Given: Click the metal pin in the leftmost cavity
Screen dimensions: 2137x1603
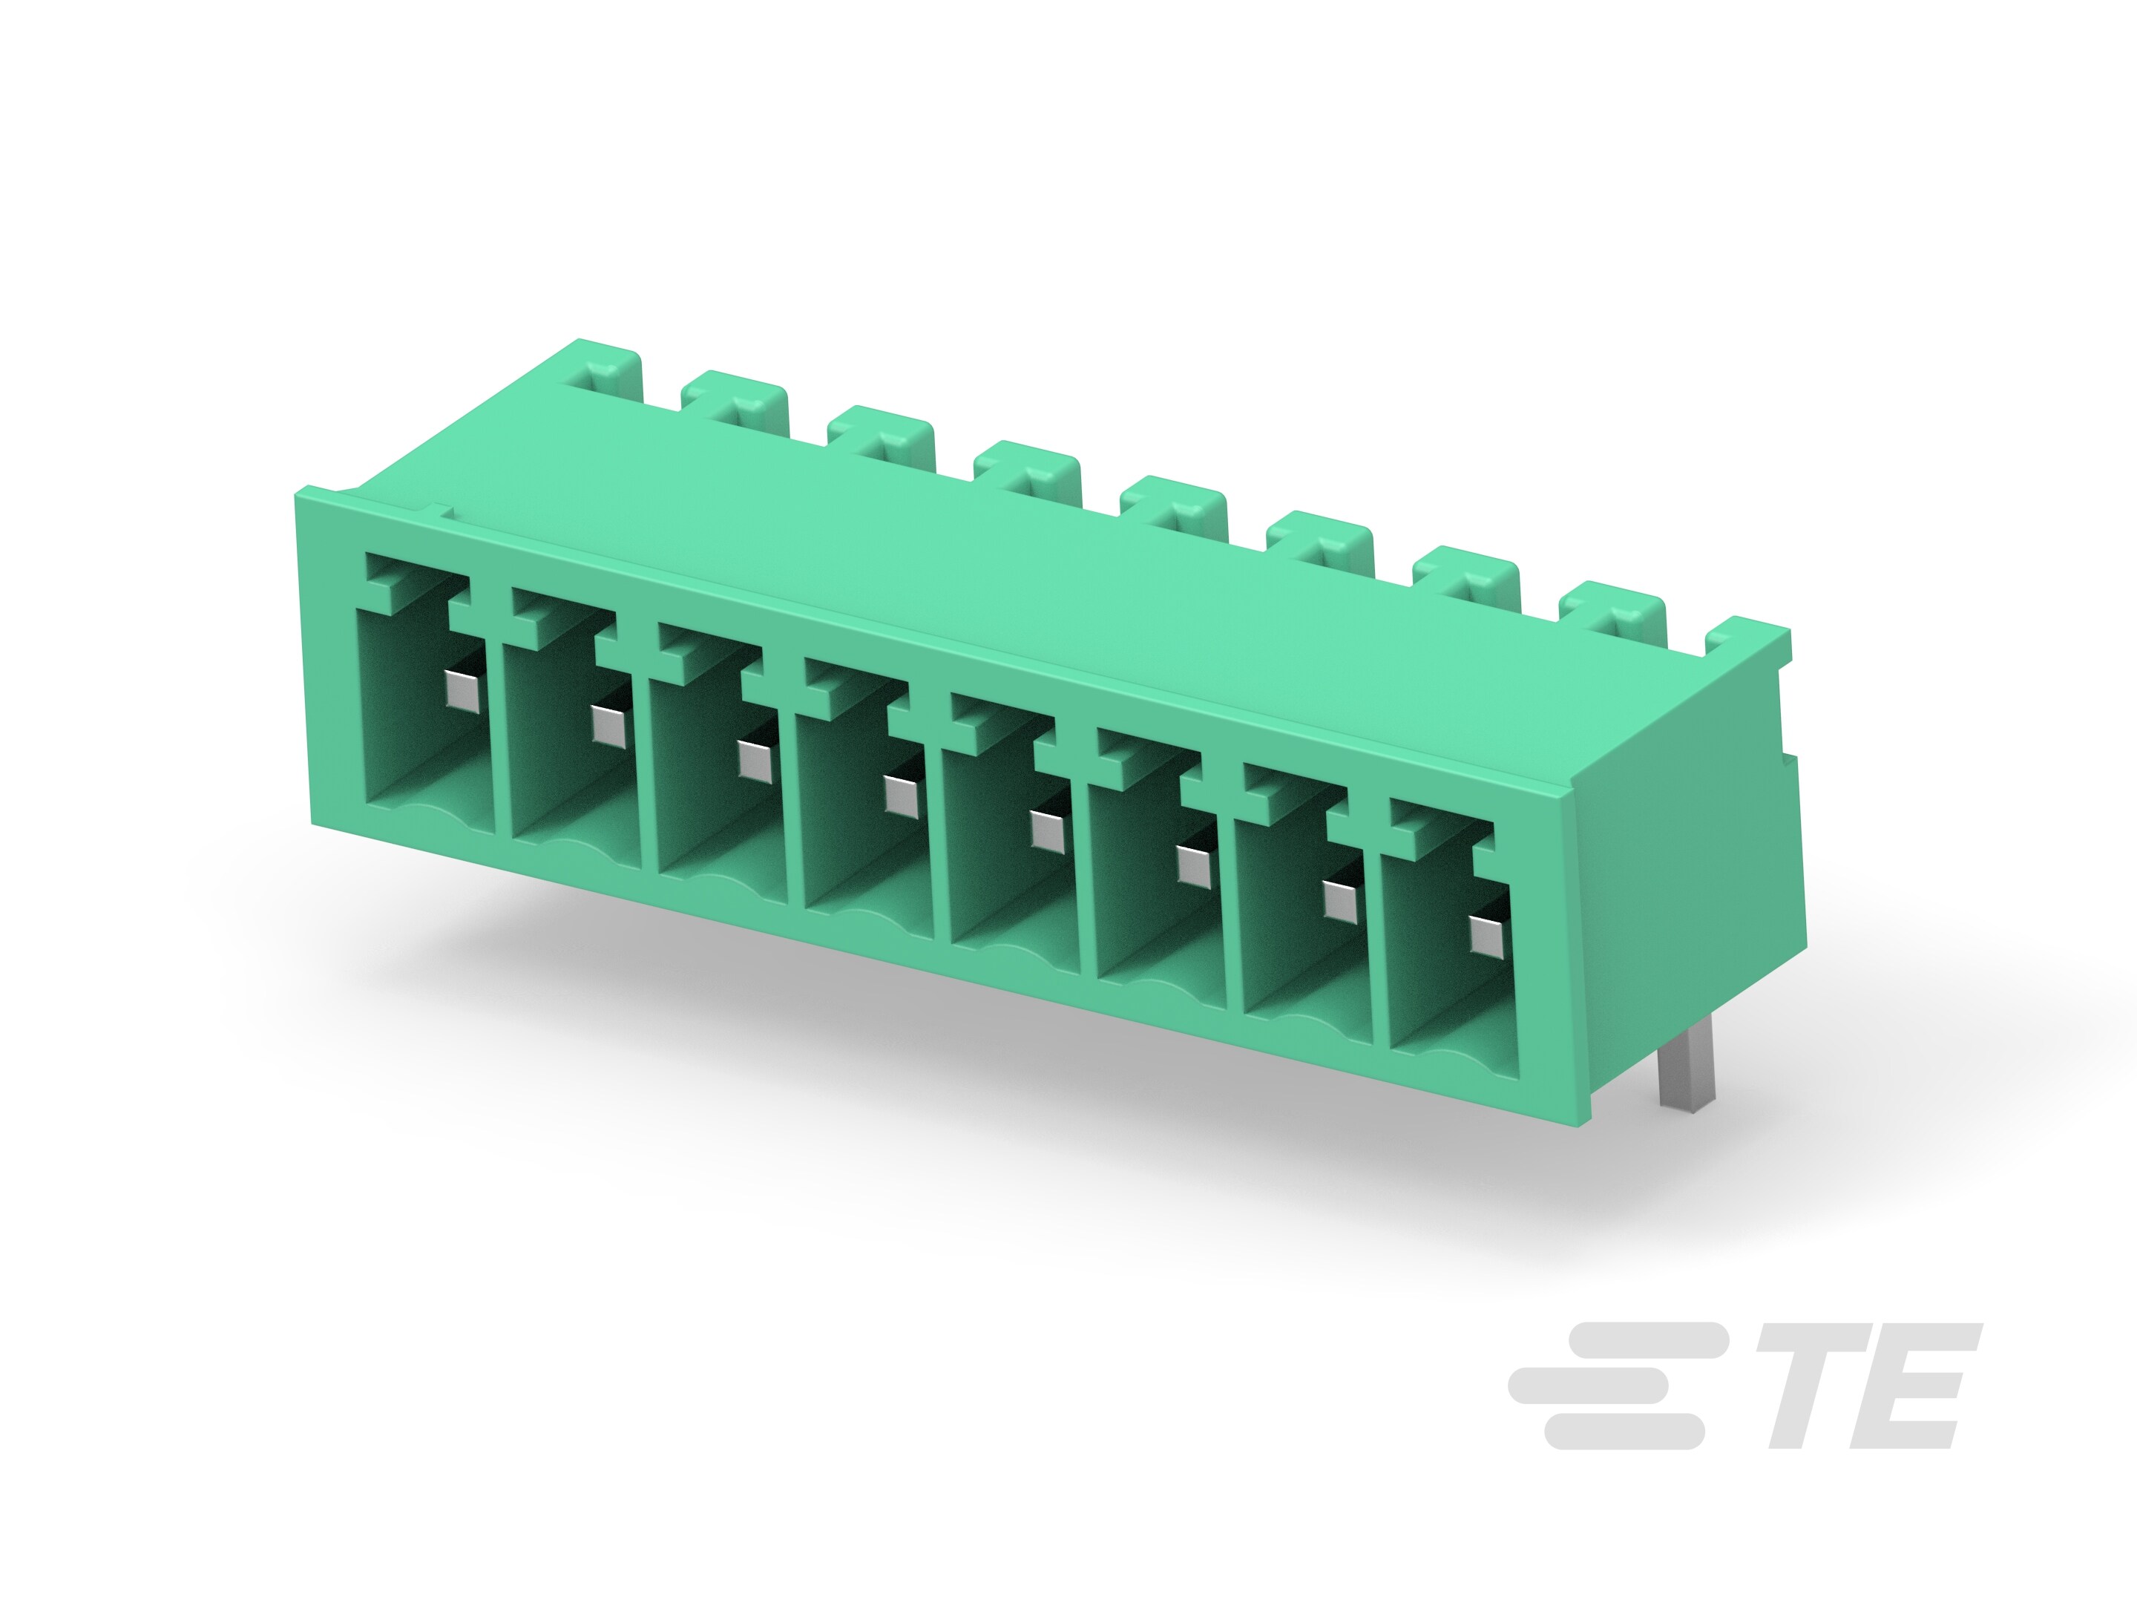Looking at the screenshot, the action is point(463,689).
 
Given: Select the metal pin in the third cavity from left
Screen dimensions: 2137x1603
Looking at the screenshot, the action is point(754,758).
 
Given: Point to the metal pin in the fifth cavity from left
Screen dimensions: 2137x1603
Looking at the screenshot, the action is point(1045,829).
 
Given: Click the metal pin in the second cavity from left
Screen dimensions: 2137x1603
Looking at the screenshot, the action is point(608,724).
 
